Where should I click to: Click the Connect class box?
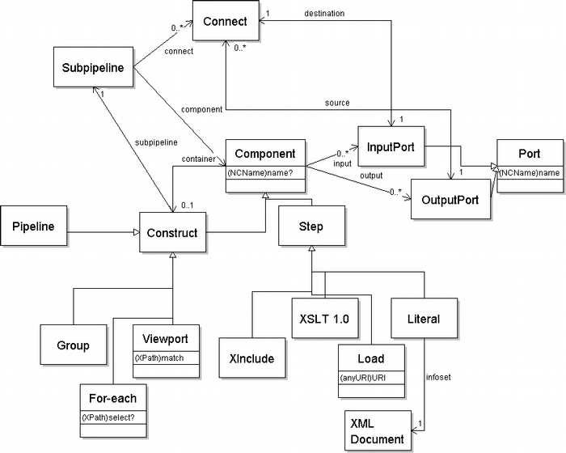tap(226, 22)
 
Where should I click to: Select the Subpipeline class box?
tap(93, 68)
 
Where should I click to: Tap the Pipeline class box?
tap(33, 226)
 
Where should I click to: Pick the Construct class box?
tap(171, 233)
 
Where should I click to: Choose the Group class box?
tap(73, 345)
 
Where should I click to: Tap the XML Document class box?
tap(377, 430)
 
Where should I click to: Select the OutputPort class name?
tap(451, 199)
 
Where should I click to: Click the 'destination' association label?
tap(324, 14)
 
